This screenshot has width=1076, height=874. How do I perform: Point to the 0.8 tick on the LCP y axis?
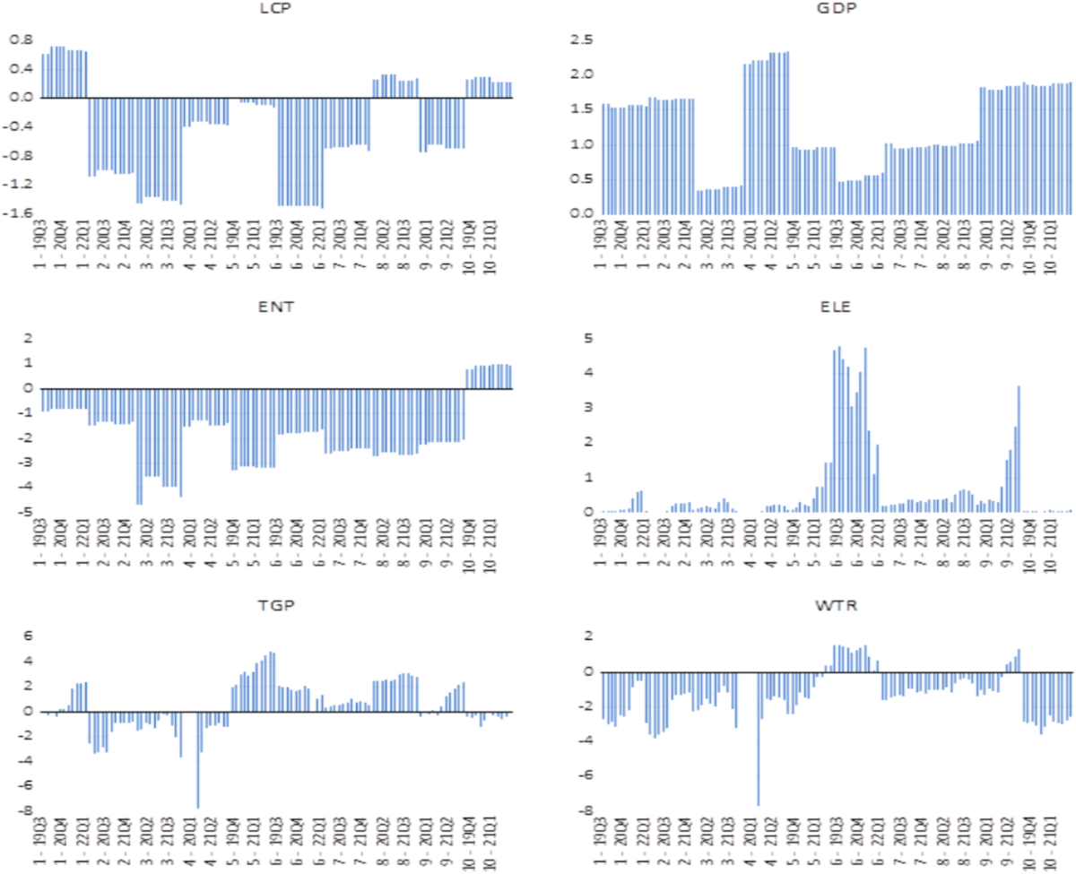pyautogui.click(x=22, y=39)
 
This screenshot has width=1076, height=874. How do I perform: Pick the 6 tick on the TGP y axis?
pyautogui.click(x=27, y=636)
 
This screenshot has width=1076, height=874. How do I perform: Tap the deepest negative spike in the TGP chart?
pyautogui.click(x=197, y=807)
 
